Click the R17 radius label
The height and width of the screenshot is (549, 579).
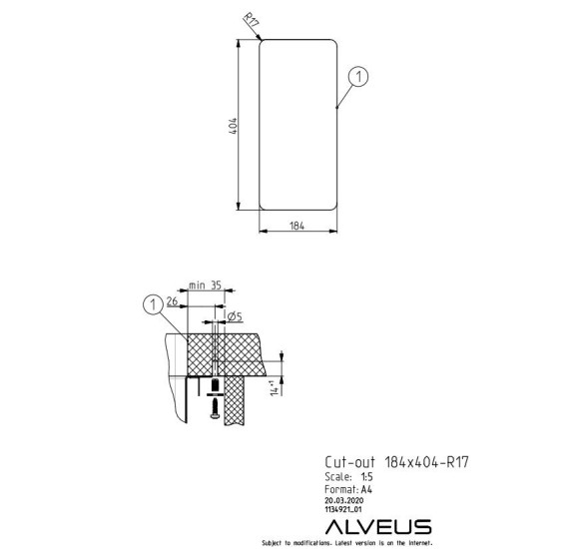[x=252, y=20]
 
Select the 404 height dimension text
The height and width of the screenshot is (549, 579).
[x=234, y=126]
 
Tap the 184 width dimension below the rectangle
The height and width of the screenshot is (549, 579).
[x=297, y=226]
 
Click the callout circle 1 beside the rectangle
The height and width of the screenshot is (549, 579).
[x=358, y=77]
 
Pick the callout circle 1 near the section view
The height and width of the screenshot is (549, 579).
[x=153, y=305]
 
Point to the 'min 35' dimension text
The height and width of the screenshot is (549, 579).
[x=205, y=285]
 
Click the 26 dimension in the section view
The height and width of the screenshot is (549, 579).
[x=172, y=301]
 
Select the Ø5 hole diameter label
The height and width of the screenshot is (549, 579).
[x=235, y=316]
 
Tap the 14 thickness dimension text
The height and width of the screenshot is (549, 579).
[x=275, y=388]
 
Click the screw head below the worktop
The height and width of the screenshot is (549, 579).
[x=215, y=416]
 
